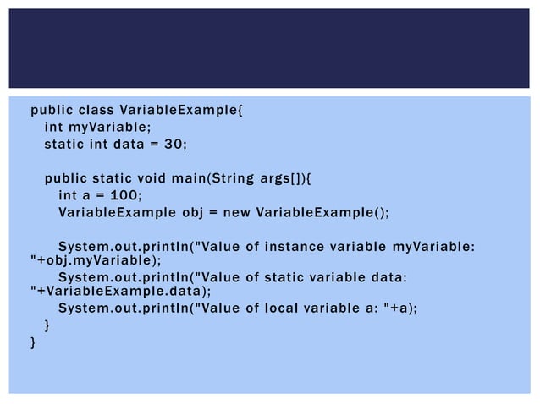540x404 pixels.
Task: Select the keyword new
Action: [237, 212]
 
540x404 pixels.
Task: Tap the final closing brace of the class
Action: [33, 342]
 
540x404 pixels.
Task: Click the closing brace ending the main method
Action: [47, 325]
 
